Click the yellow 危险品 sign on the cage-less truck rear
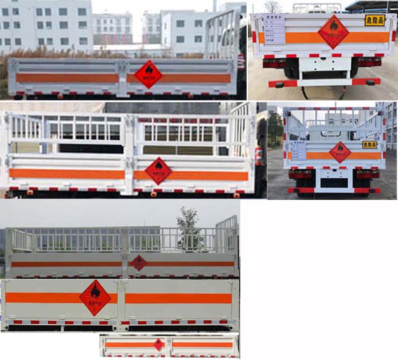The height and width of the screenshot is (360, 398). pos(375,20)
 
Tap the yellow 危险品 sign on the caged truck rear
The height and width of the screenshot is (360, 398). pos(370,144)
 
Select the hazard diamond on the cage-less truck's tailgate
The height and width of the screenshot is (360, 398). pos(333,31)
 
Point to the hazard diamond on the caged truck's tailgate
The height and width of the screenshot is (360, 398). pos(340,152)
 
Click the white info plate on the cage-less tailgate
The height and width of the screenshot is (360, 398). pos(274,30)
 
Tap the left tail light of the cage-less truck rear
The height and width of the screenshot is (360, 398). pos(274,63)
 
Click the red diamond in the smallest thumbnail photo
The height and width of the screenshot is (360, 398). pos(158,345)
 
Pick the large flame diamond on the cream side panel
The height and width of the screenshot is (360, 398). pos(95,297)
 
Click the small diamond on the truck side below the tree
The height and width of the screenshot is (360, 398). pos(139,263)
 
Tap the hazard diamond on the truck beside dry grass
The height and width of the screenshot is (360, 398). pos(148,75)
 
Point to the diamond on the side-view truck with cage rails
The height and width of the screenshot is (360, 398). pos(158,171)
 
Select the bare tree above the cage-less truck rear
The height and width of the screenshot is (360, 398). pos(273,6)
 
